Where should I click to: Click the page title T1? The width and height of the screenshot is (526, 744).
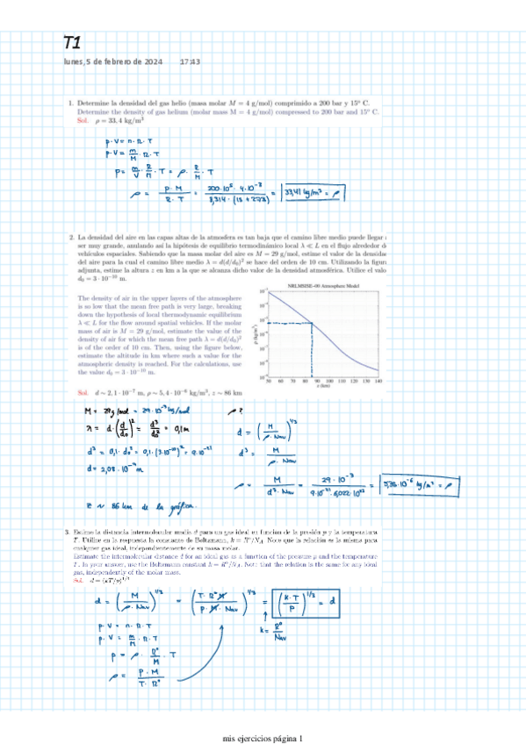point(72,43)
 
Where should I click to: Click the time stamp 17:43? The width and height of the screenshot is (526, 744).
point(190,62)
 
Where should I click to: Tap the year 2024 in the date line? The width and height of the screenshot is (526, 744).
point(148,62)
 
